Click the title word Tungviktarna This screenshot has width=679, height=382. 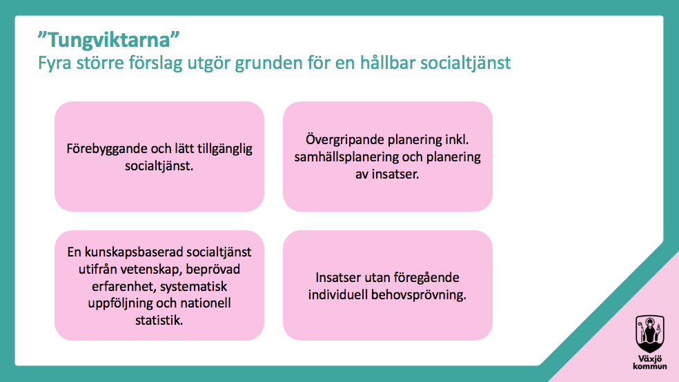pos(109,40)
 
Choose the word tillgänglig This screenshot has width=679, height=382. pos(225,149)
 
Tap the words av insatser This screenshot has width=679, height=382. pos(387,174)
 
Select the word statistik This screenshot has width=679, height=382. pos(159,321)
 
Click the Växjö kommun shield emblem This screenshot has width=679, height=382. pos(649,334)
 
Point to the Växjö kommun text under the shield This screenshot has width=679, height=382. pos(650,363)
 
